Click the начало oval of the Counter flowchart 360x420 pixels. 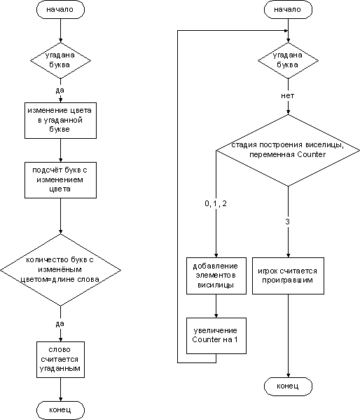tap(288, 10)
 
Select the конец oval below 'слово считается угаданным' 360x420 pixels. tap(60, 410)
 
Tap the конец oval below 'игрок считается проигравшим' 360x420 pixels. tap(288, 386)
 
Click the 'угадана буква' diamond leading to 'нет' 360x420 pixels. tap(288, 60)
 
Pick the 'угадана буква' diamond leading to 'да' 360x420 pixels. tap(60, 60)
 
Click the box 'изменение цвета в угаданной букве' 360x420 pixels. tap(60, 121)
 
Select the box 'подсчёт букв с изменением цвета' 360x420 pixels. tap(60, 180)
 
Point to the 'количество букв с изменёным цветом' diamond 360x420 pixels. tap(60, 270)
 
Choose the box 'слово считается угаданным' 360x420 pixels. tap(60, 360)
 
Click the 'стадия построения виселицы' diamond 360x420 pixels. tap(288, 150)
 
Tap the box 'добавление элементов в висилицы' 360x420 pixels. tap(216, 276)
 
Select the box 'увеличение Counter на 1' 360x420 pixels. tap(216, 336)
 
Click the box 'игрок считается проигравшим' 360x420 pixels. tap(288, 276)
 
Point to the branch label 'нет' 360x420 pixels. tap(288, 96)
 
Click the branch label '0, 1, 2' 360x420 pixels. tap(216, 203)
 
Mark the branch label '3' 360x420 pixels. tap(287, 222)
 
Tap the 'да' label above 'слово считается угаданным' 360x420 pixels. tap(60, 323)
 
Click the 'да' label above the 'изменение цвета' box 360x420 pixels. tap(60, 90)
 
